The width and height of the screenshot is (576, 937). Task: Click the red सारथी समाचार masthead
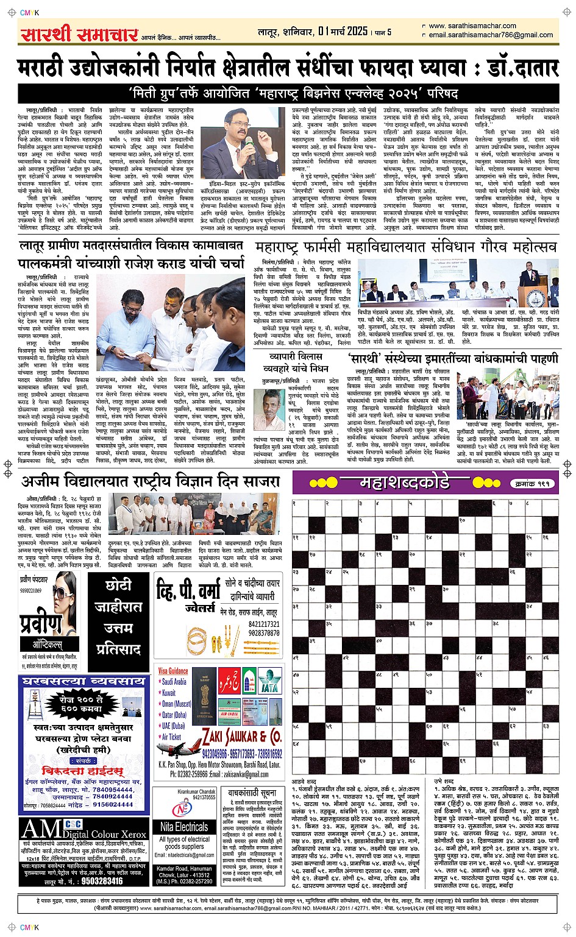[79, 34]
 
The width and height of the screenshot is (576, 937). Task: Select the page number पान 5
[382, 32]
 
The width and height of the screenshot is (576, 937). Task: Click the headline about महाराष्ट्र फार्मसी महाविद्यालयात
[405, 247]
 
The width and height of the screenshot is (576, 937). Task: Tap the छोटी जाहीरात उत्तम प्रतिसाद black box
[119, 617]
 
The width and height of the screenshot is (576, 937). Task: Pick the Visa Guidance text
[173, 671]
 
